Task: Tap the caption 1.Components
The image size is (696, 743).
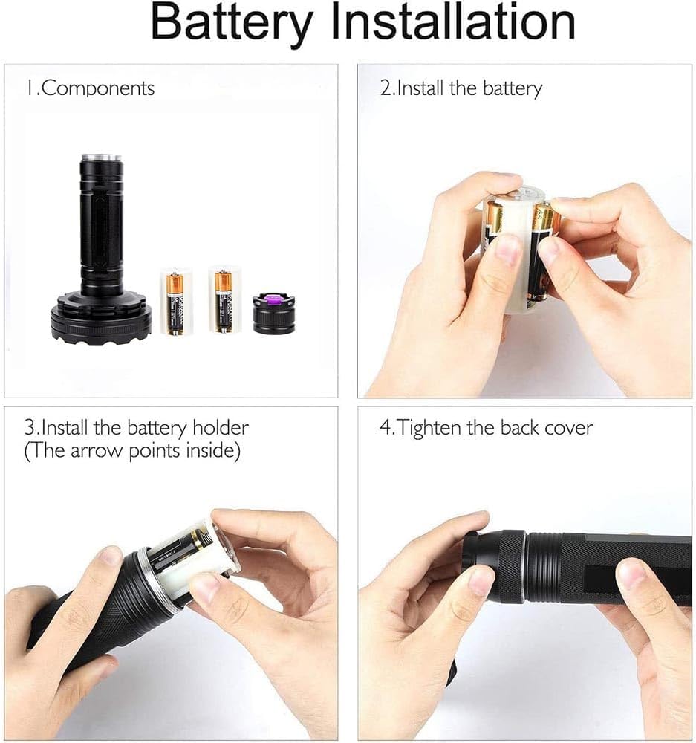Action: point(91,88)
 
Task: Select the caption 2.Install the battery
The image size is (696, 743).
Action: point(461,88)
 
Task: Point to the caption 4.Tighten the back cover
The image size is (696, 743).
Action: point(486,428)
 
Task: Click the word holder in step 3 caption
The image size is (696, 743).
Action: point(221,428)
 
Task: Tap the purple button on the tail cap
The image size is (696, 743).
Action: point(273,299)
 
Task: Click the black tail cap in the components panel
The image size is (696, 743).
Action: point(274,314)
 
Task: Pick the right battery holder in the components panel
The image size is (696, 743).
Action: point(224,299)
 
